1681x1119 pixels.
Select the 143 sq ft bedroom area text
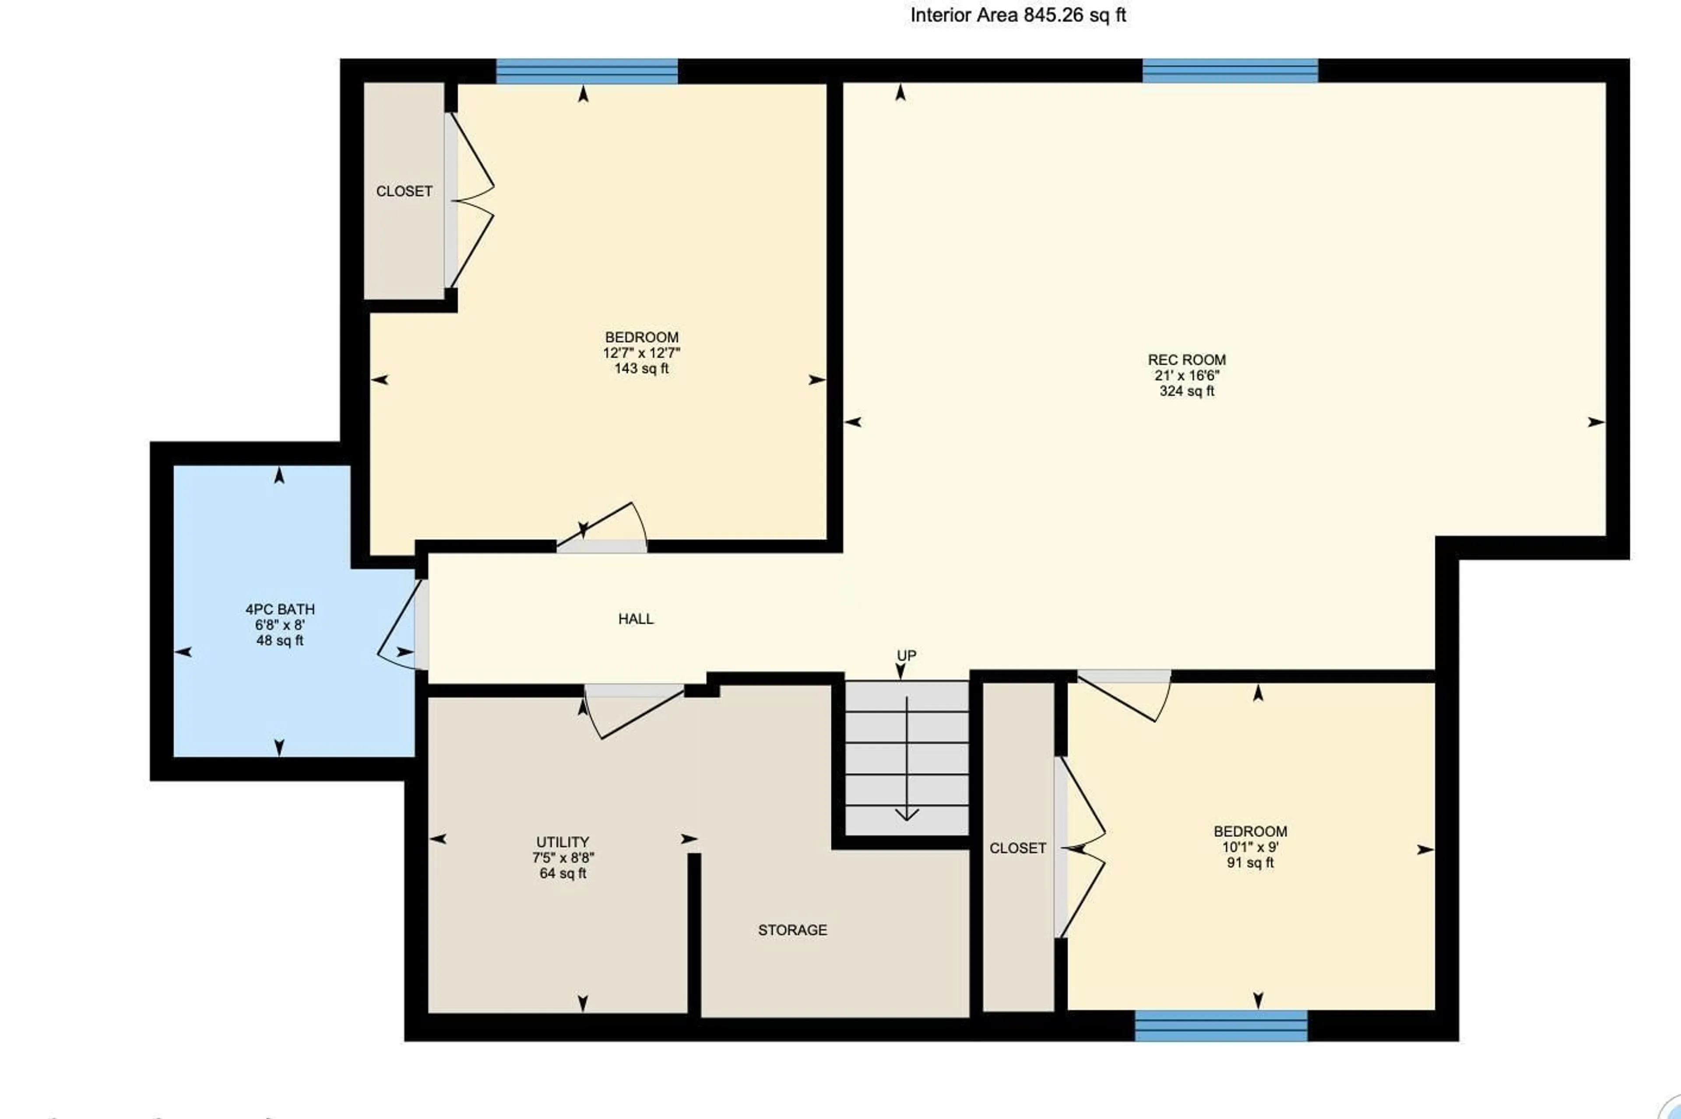pyautogui.click(x=641, y=369)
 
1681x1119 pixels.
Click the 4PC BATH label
pyautogui.click(x=280, y=609)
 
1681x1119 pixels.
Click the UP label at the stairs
pyautogui.click(x=906, y=655)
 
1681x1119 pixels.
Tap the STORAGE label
pyautogui.click(x=792, y=930)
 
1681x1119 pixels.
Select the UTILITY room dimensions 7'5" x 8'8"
pyautogui.click(x=563, y=858)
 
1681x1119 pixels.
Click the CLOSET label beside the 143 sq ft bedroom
pyautogui.click(x=404, y=191)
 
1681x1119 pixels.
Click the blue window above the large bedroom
pyautogui.click(x=586, y=71)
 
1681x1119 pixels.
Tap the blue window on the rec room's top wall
pyautogui.click(x=1230, y=71)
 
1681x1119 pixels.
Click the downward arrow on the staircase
pyautogui.click(x=906, y=814)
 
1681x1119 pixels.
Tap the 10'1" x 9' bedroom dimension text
pyautogui.click(x=1250, y=847)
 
